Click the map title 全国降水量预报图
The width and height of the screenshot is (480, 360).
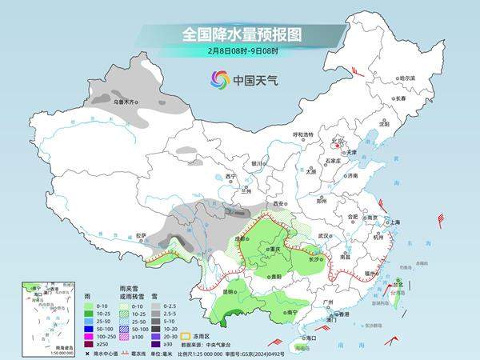click(x=239, y=34)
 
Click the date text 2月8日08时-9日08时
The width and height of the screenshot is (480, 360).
click(x=239, y=52)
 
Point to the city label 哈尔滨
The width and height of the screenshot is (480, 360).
click(x=408, y=78)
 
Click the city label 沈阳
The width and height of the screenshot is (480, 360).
click(x=385, y=124)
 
